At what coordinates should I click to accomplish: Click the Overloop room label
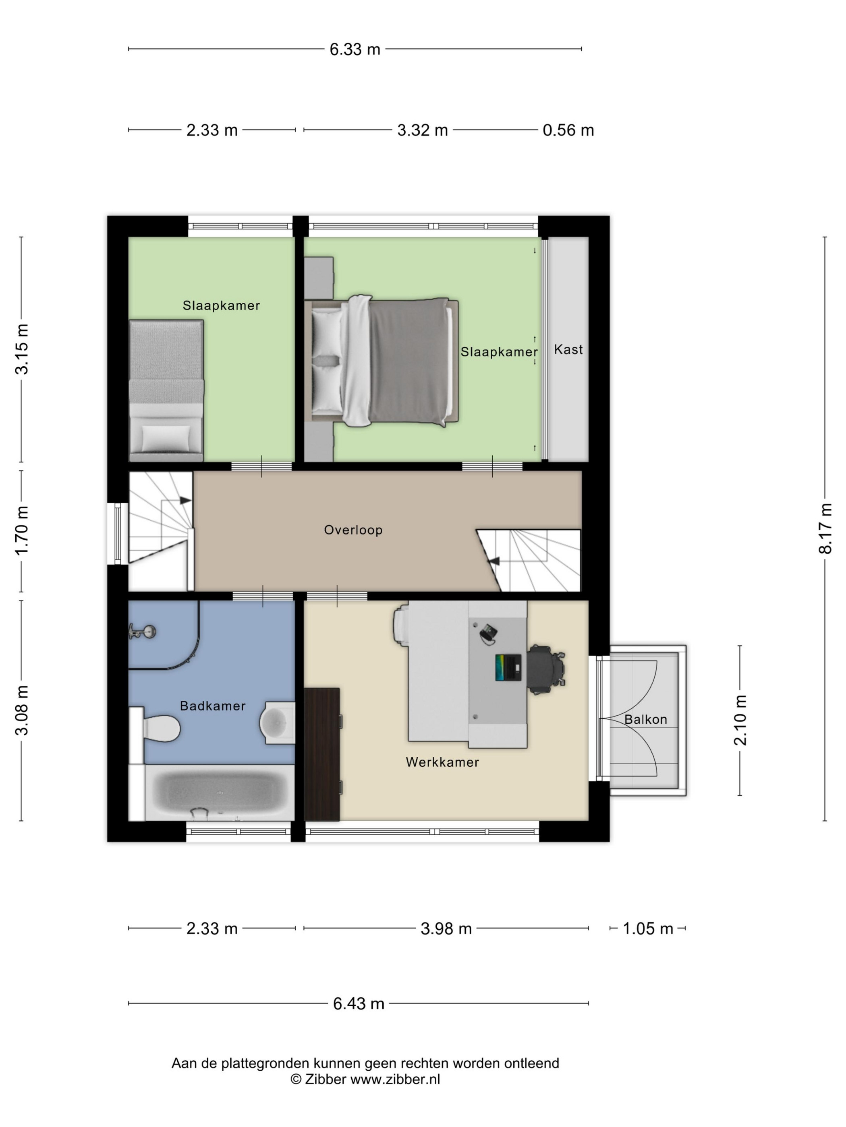click(x=353, y=530)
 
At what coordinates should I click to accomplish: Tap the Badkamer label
click(x=213, y=706)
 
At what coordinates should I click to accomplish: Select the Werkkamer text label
click(x=442, y=762)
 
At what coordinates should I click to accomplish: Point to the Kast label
click(x=568, y=349)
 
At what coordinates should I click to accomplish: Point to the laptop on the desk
click(x=508, y=667)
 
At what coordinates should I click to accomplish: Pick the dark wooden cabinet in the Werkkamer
click(x=322, y=754)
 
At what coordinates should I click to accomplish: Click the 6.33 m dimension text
click(x=355, y=50)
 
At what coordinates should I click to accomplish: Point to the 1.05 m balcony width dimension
click(x=648, y=928)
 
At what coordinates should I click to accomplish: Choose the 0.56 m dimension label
click(x=568, y=130)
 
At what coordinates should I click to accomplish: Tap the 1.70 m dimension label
click(x=21, y=531)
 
